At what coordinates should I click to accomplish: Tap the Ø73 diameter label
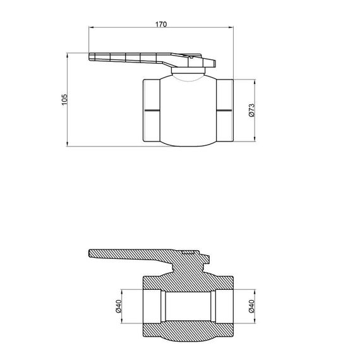[251, 111]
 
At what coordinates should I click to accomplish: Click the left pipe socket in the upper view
[152, 111]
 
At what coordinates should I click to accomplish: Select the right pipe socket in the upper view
[224, 111]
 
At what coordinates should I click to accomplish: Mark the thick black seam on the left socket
[152, 111]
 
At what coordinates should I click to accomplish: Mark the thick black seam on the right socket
[224, 111]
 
